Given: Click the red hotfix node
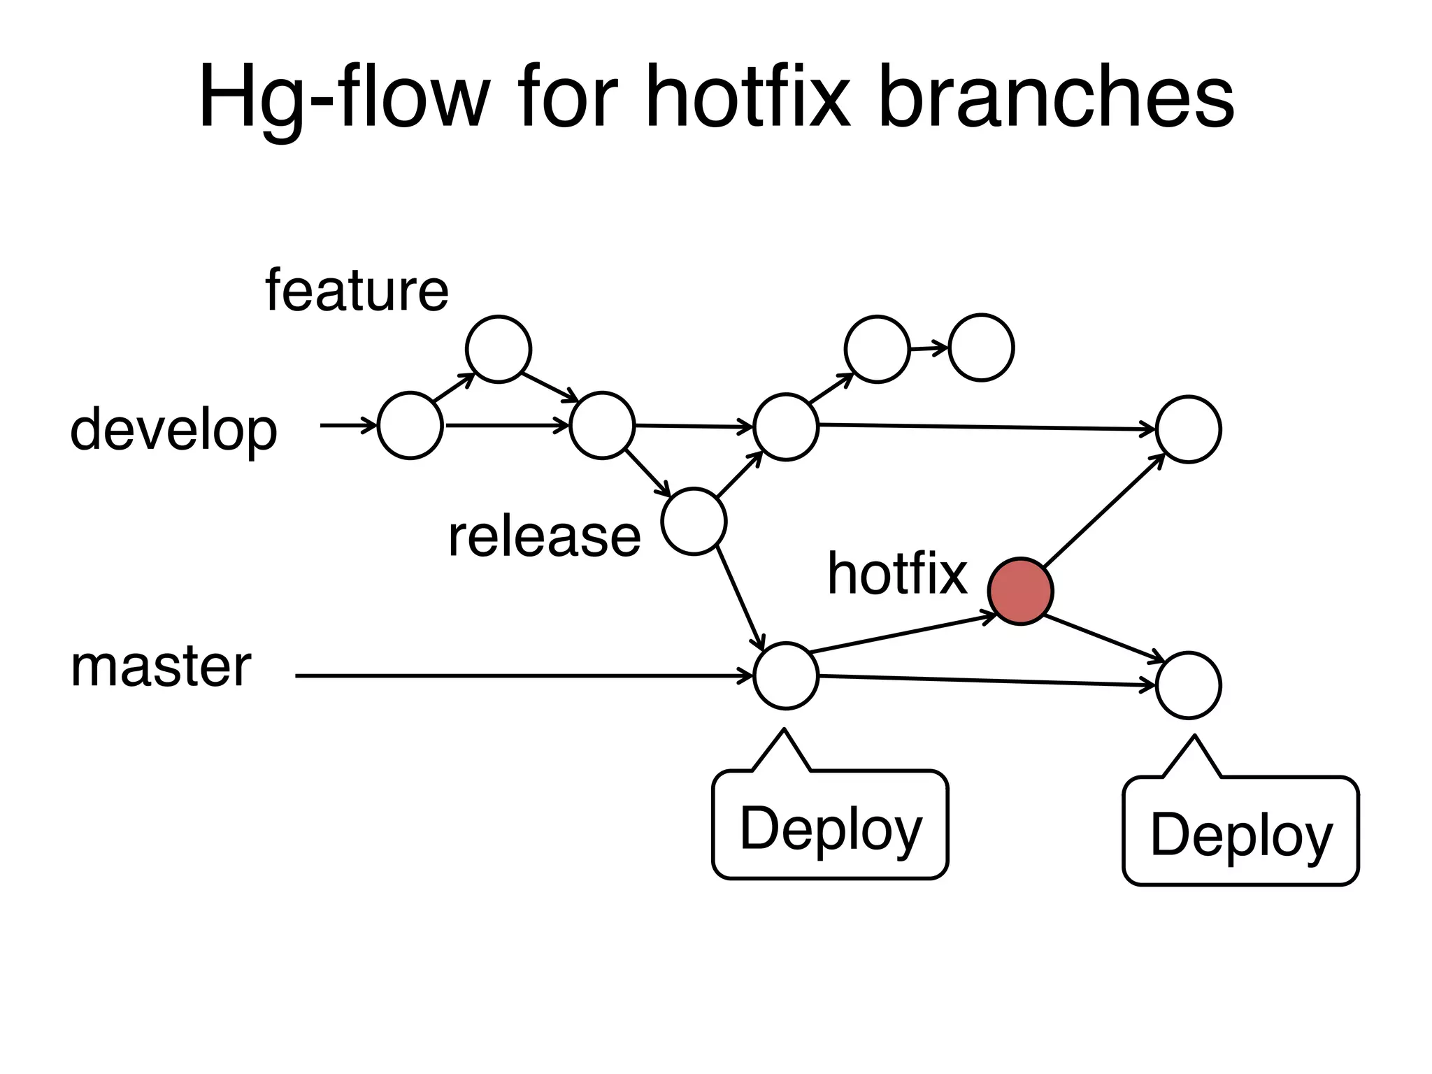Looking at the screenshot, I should click(1020, 591).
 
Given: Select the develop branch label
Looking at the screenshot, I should click(174, 430).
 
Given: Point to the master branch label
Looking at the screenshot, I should click(161, 666).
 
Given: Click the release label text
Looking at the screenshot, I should click(544, 536).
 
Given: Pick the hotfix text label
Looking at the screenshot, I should click(897, 573).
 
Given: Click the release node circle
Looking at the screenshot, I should click(694, 522).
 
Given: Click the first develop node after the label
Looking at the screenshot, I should click(410, 425).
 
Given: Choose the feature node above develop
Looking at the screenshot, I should click(499, 349).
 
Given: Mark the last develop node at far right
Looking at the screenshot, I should click(1189, 429).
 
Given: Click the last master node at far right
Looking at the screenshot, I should click(1189, 685).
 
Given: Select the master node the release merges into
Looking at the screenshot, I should click(786, 676).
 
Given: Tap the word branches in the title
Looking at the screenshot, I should click(1056, 98).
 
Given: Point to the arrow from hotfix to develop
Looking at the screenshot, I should click(1103, 511).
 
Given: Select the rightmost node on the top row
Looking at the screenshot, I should click(982, 348).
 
